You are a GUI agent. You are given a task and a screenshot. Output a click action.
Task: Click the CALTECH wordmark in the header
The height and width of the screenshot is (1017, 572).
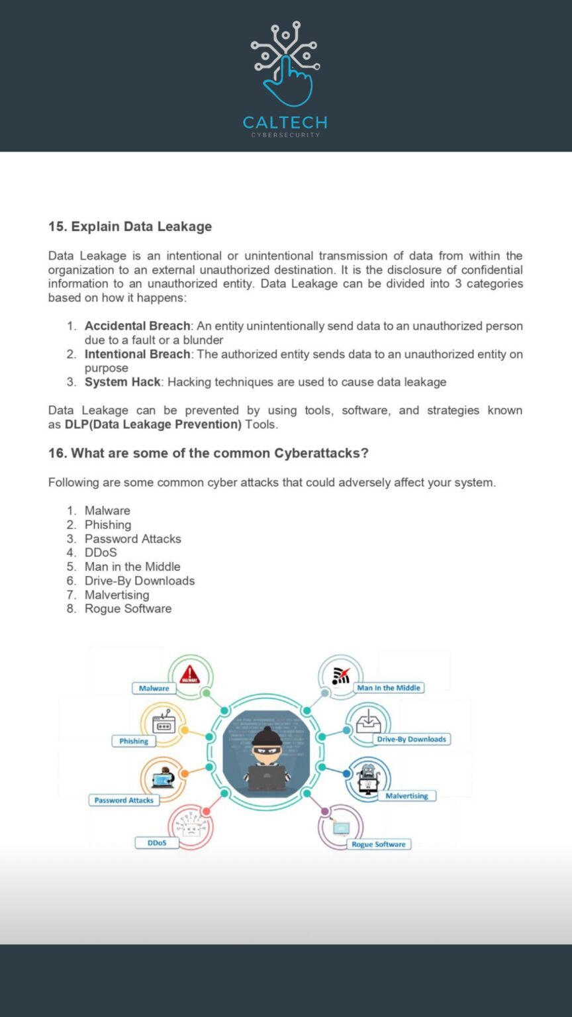tap(285, 122)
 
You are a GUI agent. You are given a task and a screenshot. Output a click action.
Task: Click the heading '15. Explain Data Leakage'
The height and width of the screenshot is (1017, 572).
tap(130, 226)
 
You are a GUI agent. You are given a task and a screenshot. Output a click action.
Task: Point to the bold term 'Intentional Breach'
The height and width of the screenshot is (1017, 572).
tap(137, 354)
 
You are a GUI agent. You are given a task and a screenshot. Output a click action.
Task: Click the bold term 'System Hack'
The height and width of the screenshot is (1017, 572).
tap(122, 382)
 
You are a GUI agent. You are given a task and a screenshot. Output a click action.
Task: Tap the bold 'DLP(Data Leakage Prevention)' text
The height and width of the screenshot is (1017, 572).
tap(153, 424)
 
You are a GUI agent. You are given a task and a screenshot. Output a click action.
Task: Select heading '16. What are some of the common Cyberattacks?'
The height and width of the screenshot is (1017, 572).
tap(208, 454)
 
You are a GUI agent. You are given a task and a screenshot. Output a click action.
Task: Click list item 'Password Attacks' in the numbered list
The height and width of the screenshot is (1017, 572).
tap(132, 539)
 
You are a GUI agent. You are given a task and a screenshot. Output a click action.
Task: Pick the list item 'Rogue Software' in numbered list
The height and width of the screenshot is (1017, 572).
tap(128, 608)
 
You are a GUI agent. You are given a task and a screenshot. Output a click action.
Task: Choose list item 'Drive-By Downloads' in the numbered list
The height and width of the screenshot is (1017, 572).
tap(139, 581)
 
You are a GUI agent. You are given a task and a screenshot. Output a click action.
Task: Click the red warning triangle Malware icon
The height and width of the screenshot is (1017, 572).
tap(190, 675)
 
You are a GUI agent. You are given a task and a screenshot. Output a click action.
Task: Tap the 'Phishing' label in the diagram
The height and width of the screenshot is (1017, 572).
tap(134, 741)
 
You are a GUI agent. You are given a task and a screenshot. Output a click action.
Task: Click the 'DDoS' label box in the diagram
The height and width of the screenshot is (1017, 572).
tap(157, 843)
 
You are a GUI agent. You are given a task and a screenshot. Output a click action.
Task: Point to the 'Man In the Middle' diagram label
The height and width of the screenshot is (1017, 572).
tap(389, 688)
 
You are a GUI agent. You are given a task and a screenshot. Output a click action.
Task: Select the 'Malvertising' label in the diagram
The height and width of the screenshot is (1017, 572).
tap(406, 796)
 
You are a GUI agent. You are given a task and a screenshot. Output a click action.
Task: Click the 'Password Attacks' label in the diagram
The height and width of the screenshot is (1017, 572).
tap(124, 800)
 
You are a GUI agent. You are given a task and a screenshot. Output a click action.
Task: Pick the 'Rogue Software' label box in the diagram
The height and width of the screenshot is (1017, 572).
tap(379, 844)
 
